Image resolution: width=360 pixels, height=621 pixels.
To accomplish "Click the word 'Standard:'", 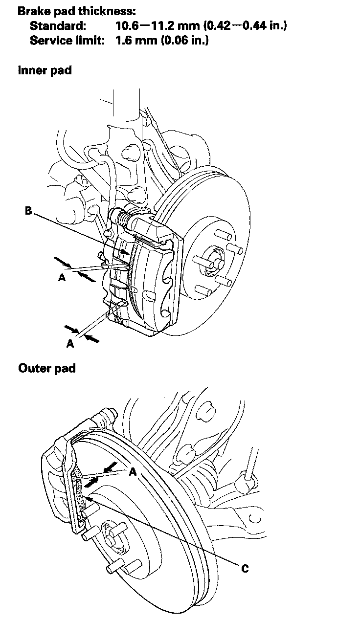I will pos(58,25).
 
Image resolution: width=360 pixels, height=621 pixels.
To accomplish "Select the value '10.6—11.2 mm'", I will pos(155,25).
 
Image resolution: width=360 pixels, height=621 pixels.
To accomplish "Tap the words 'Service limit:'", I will pos(67,40).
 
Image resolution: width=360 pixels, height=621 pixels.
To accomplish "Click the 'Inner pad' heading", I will pos(45,70).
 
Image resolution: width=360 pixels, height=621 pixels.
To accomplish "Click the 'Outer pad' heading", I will pos(46,368).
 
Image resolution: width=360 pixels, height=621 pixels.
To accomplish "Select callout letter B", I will pos(29,211).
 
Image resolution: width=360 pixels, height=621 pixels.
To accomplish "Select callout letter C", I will pos(245,569).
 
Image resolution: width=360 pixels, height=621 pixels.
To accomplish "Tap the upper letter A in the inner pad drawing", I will pos(62,278).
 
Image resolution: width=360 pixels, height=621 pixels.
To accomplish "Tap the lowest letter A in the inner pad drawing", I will pos(70,344).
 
